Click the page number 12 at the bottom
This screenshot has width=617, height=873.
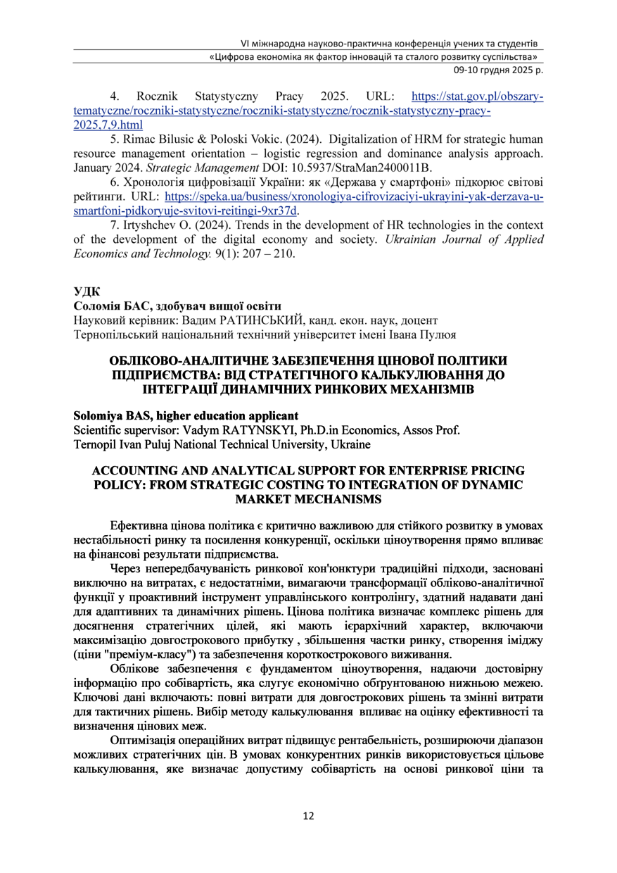click(308, 816)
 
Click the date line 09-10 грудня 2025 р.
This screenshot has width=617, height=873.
click(498, 70)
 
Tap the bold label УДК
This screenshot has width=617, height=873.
click(87, 291)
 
